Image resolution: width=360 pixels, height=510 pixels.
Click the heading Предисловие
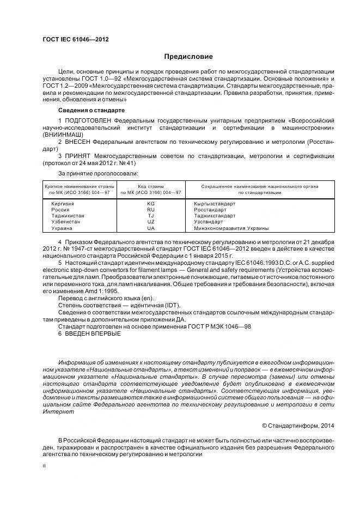[188, 57]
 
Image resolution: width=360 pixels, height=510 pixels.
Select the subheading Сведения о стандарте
[87, 110]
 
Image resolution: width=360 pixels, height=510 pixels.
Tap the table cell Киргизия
[62, 203]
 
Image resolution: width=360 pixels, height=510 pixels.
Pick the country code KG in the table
[151, 203]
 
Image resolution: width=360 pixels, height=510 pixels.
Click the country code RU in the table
[151, 209]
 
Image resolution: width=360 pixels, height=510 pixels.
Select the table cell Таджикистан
[68, 216]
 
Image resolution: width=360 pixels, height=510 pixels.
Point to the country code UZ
[151, 222]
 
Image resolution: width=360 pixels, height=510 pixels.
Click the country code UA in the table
[151, 228]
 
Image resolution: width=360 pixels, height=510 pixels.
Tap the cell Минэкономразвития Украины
[231, 228]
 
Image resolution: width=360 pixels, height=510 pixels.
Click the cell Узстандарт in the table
[209, 222]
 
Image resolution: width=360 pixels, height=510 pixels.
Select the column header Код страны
[151, 186]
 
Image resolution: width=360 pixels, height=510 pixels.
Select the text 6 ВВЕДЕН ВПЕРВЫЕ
[89, 333]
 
